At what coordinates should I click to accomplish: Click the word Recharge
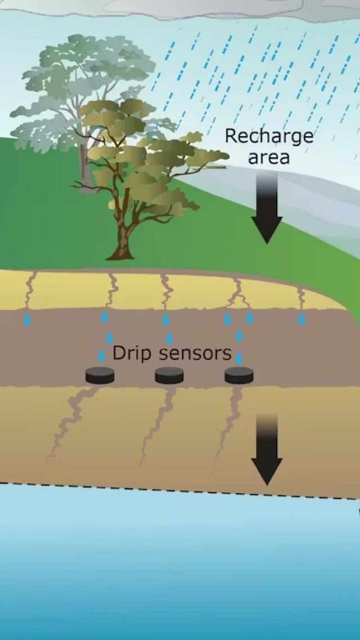(x=269, y=137)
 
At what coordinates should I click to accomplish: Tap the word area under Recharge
(x=269, y=157)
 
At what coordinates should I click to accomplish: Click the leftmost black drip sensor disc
(x=100, y=375)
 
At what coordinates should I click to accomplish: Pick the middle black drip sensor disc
(x=169, y=375)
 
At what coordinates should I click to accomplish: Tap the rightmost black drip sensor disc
(x=239, y=375)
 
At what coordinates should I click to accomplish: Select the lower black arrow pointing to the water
(x=267, y=450)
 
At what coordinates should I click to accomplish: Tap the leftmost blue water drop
(x=27, y=320)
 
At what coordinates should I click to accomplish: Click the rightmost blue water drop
(x=301, y=319)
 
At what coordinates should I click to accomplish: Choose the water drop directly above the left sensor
(x=102, y=356)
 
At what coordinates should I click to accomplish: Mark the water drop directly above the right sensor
(x=239, y=358)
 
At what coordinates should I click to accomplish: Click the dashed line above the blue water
(x=169, y=489)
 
